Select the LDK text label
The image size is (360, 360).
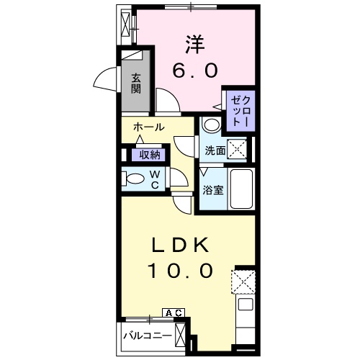pyautogui.click(x=181, y=246)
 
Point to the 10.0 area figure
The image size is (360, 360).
pyautogui.click(x=181, y=272)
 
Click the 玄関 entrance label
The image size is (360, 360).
pyautogui.click(x=135, y=84)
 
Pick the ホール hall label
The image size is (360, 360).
pyautogui.click(x=148, y=127)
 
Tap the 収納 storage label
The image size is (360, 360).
pyautogui.click(x=149, y=155)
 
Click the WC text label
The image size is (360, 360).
pyautogui.click(x=155, y=179)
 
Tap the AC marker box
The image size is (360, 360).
pyautogui.click(x=174, y=312)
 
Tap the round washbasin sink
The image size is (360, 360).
pyautogui.click(x=212, y=125)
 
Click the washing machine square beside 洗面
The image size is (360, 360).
pyautogui.click(x=238, y=148)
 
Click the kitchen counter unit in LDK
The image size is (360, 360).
pyautogui.click(x=244, y=317)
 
